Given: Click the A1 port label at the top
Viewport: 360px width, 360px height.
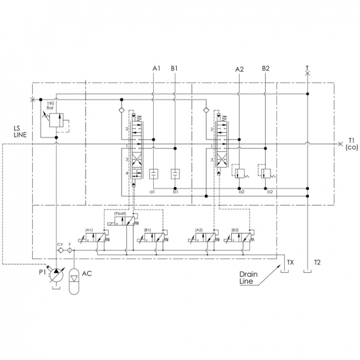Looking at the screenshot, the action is click(156, 69).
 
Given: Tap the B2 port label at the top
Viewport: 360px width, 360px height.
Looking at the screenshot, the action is click(266, 69).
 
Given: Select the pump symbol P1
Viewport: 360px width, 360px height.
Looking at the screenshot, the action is click(56, 276).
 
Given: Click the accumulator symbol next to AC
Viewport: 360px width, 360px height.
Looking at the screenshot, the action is click(74, 281).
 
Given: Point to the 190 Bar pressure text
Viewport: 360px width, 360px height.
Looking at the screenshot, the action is click(50, 105).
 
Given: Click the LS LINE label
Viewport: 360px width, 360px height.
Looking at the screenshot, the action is click(20, 132).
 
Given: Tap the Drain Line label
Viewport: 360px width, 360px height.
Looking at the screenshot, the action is click(249, 278).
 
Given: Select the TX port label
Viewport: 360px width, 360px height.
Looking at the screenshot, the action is click(291, 262).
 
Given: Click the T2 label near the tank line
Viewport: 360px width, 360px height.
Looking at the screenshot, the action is click(317, 262).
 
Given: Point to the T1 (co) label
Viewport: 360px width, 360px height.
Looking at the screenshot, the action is click(351, 144).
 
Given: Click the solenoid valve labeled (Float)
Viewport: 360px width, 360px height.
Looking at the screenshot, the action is click(123, 221).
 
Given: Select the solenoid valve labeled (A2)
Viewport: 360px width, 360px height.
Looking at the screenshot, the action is click(204, 238).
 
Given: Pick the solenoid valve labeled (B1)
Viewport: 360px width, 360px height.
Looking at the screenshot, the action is click(153, 238).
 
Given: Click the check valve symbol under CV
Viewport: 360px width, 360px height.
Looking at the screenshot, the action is click(60, 250).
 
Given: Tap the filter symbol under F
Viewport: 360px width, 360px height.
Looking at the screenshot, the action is click(69, 250).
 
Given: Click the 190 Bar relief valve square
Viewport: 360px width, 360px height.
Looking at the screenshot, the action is click(56, 120).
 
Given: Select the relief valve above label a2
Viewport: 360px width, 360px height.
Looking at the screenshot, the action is click(239, 173).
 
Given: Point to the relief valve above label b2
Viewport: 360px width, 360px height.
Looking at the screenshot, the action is click(266, 173).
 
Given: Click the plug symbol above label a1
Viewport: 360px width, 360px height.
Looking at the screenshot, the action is click(153, 174).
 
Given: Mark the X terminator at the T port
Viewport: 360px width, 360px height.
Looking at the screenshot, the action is click(308, 73).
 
